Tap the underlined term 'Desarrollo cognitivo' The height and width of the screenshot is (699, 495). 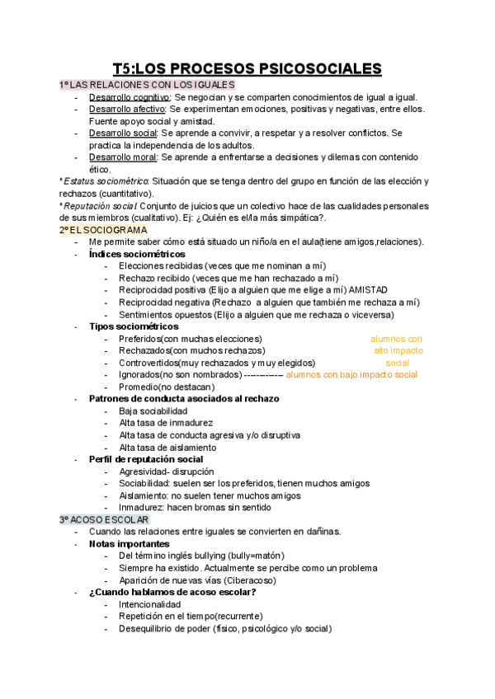[x=124, y=97]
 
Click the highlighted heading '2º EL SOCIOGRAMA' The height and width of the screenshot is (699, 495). [x=103, y=229]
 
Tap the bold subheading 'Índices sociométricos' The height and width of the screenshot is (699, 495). [x=137, y=254]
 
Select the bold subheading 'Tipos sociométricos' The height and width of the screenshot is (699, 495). [x=134, y=326]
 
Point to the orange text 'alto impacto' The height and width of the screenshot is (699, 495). [x=398, y=350]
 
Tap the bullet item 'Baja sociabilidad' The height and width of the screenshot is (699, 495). [x=153, y=410]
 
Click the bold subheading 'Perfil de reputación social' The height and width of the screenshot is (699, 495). [x=146, y=459]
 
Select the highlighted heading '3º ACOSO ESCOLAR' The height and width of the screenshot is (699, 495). [x=104, y=520]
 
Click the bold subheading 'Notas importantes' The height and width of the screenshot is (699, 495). [x=130, y=544]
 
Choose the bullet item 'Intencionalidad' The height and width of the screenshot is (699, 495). [x=149, y=604]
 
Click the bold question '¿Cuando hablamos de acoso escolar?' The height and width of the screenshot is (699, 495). [x=172, y=592]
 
